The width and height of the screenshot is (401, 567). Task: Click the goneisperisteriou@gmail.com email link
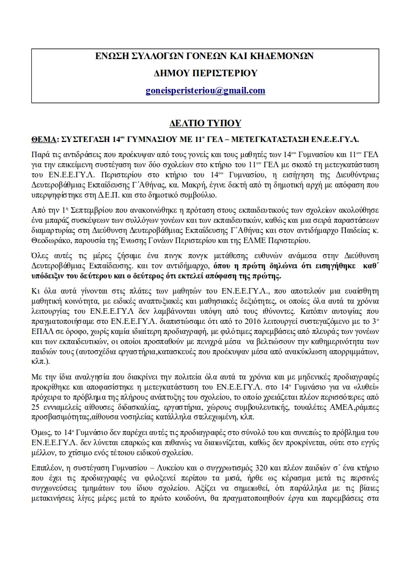(204, 90)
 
